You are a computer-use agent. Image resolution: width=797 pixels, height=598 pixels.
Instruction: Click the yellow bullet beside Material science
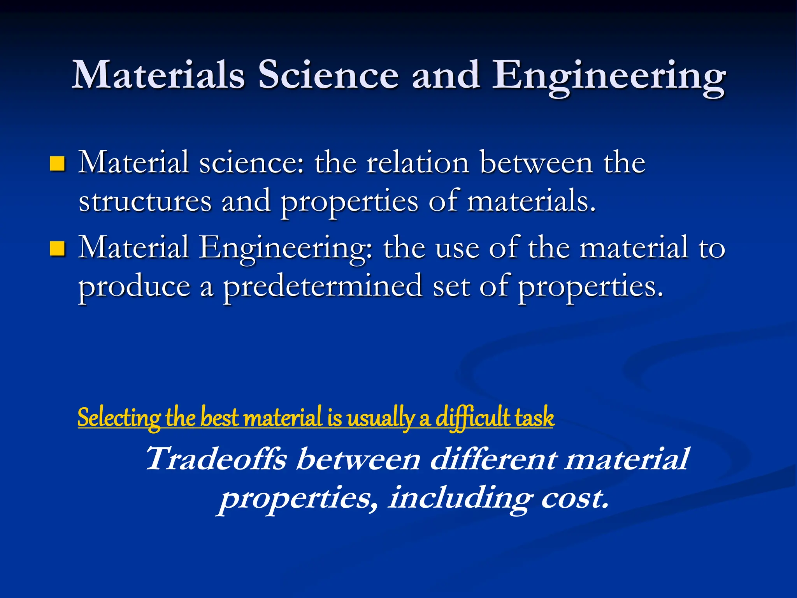(57, 164)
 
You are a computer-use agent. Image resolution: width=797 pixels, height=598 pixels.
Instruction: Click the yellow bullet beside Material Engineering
(57, 249)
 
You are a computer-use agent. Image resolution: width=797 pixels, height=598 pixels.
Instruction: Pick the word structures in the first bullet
(145, 201)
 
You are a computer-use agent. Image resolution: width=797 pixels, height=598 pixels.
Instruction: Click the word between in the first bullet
(536, 162)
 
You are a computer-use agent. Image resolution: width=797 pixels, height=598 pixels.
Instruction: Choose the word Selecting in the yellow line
(119, 417)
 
